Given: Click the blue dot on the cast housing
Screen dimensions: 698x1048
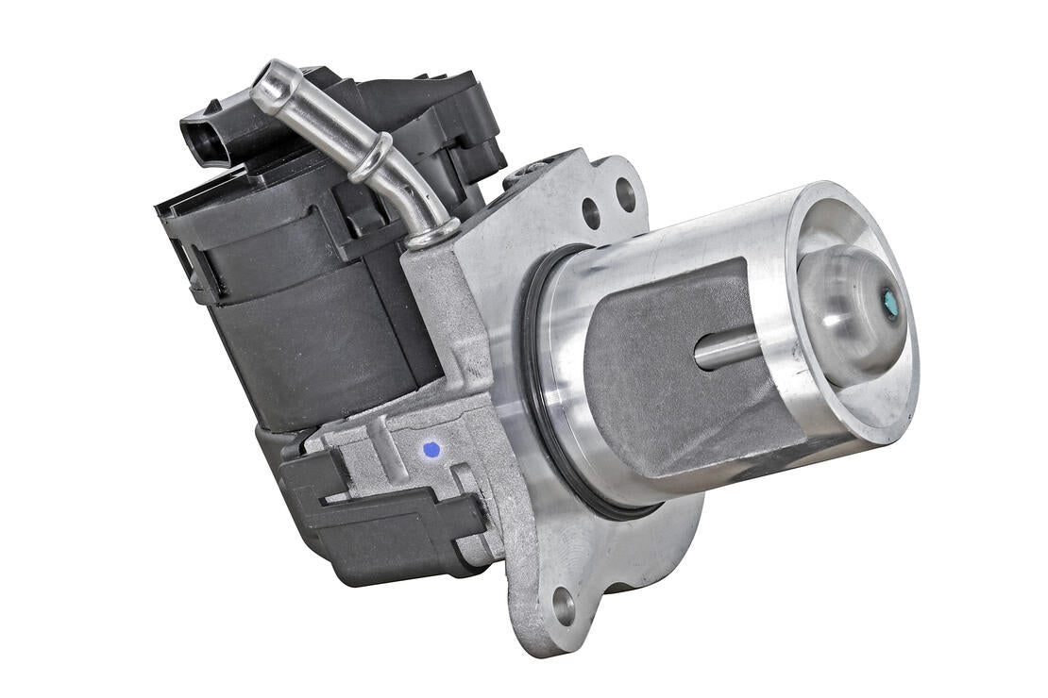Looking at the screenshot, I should click(431, 450).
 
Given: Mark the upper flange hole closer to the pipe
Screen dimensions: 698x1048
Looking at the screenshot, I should click(592, 213).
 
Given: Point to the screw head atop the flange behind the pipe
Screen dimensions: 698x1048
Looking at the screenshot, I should click(531, 169).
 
